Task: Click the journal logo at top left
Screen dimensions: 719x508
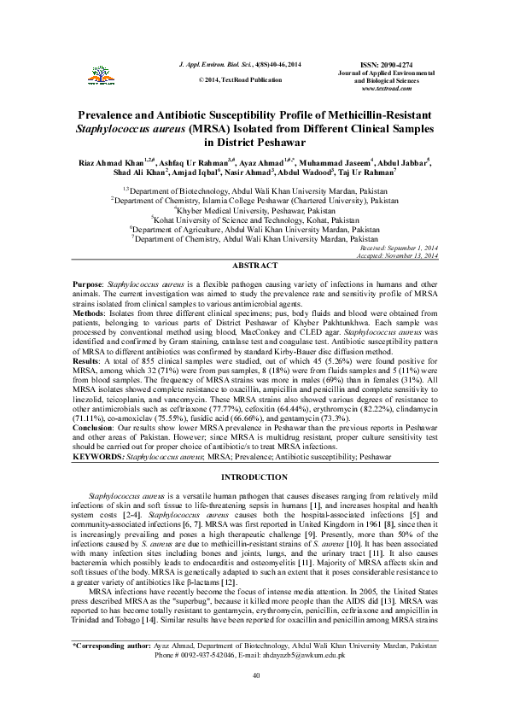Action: pyautogui.click(x=102, y=73)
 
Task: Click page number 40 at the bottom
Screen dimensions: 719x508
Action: pyautogui.click(x=254, y=701)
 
